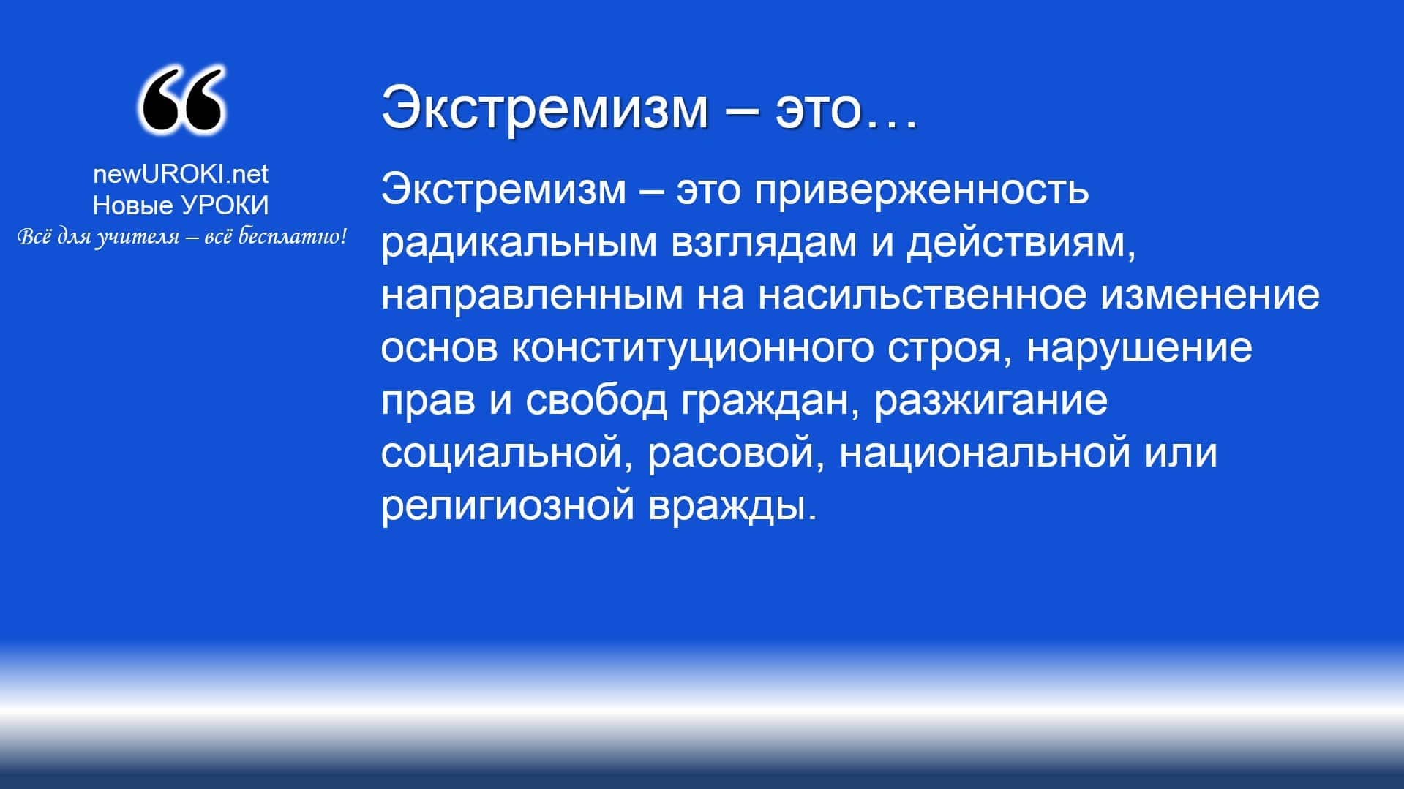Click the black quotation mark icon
pyautogui.click(x=181, y=101)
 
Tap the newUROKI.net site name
pyautogui.click(x=181, y=173)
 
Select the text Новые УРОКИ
pyautogui.click(x=181, y=205)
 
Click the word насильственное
pyautogui.click(x=922, y=295)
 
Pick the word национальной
pyautogui.click(x=985, y=453)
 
